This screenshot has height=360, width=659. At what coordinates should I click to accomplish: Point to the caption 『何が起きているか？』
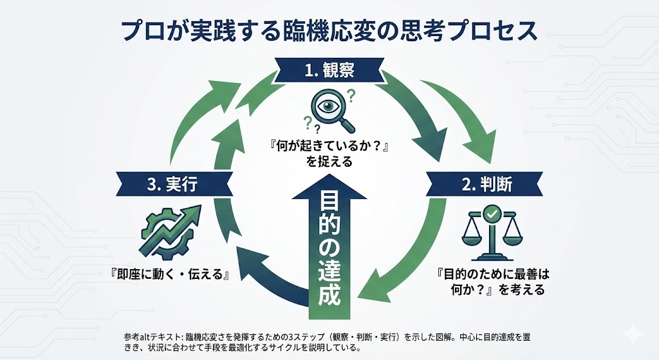coord(329,147)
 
